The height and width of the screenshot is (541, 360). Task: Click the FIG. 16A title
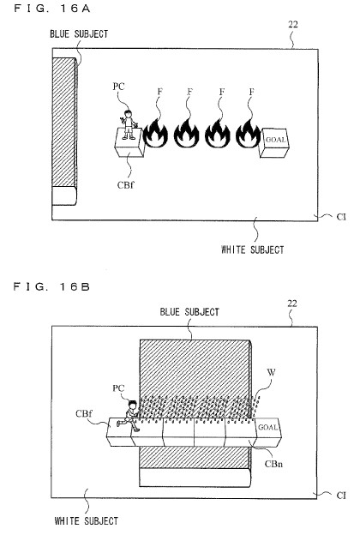52,9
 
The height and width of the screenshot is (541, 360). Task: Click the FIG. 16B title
52,286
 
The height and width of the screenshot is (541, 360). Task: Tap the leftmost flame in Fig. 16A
155,133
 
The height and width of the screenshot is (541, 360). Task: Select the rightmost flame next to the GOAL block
249,133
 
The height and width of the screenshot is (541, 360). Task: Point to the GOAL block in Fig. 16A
274,142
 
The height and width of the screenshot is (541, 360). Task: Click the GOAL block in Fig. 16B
268,432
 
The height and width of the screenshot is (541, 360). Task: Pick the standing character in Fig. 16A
129,124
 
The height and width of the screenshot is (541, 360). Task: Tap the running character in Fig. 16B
129,416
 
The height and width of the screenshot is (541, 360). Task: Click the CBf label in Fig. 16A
125,185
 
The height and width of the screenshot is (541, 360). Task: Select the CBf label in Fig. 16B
84,413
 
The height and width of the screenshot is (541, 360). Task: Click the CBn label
273,463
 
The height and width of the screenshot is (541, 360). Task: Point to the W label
272,372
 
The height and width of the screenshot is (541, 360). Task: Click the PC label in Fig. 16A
118,87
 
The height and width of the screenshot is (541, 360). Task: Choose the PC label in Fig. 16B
118,388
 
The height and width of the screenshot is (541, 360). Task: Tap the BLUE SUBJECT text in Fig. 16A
79,33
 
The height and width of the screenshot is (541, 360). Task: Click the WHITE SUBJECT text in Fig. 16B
87,520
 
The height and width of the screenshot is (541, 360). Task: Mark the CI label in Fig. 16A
341,217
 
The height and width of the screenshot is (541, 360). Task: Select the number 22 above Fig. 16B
292,304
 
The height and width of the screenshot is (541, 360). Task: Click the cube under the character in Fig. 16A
129,142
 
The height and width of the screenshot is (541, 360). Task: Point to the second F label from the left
190,92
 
